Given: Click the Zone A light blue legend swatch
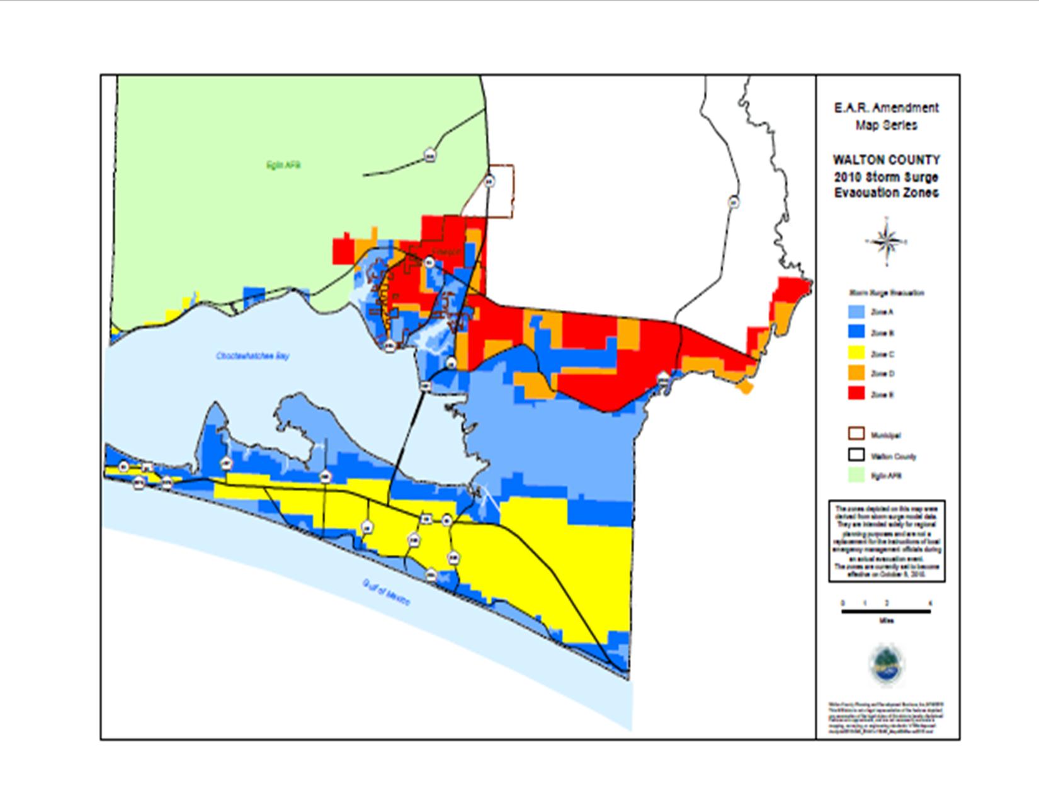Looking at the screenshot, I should [856, 312].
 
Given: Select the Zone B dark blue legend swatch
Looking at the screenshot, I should [856, 333].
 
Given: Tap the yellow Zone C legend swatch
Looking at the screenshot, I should [856, 354].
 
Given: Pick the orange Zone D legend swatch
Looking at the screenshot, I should [856, 374].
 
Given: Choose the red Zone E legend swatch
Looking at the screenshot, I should [856, 394].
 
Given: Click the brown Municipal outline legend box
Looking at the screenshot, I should [856, 435].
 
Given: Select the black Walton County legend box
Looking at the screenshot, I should [856, 455].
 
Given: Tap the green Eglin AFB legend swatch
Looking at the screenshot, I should [856, 476].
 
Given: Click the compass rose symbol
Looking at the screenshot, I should [886, 241].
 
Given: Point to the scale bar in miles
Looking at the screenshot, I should [886, 610].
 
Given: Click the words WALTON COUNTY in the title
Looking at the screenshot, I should [887, 160].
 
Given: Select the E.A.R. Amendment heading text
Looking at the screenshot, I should [887, 108].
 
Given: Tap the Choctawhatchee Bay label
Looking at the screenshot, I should [253, 356].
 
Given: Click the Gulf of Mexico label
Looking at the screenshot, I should [386, 593].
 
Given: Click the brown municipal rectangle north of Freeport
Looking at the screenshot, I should [502, 191].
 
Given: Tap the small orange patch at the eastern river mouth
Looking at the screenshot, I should [745, 387].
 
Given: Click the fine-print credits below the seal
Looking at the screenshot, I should [887, 716].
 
